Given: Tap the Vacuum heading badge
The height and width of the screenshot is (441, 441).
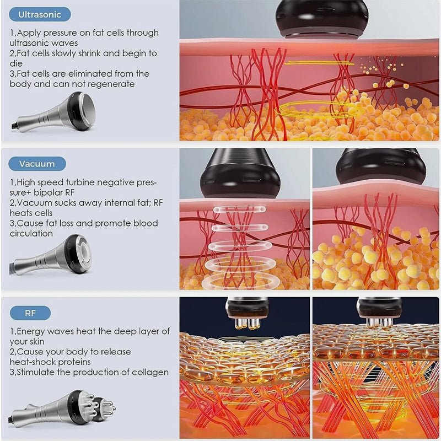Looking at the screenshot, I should (x=37, y=164).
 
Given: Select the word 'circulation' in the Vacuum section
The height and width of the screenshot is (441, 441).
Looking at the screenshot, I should (x=31, y=233).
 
